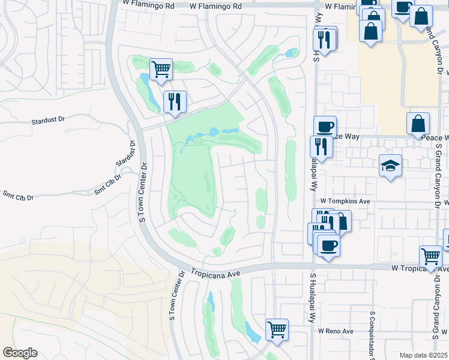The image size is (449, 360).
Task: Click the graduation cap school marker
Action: click(x=390, y=166)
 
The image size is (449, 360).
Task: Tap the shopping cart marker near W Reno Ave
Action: click(x=277, y=329)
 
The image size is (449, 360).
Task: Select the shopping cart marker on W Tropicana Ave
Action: click(x=431, y=257)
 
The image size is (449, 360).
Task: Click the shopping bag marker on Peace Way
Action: click(x=418, y=124)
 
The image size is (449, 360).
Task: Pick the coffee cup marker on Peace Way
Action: click(x=325, y=127)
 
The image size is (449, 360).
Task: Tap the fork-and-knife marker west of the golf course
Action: click(x=175, y=102)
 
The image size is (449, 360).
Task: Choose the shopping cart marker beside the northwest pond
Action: click(x=161, y=70)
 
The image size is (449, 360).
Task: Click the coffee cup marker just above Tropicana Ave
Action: click(x=328, y=245)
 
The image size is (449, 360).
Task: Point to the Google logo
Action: click(x=20, y=353)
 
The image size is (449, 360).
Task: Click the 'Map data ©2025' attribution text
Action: click(x=423, y=355)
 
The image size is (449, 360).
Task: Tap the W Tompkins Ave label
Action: click(x=345, y=201)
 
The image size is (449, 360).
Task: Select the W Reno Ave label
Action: click(x=336, y=331)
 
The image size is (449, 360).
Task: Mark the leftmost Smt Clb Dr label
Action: click(x=17, y=196)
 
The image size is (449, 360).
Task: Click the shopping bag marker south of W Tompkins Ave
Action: click(x=340, y=221)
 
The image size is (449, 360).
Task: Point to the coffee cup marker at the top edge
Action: click(x=402, y=8)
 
